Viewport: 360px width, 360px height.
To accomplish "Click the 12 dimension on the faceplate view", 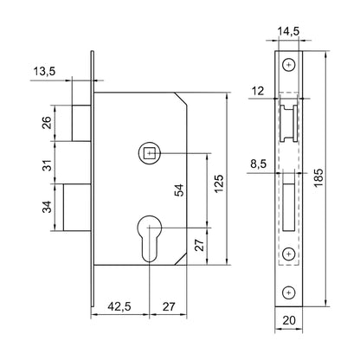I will pos(257,91).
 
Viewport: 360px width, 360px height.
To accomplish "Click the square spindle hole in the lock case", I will pos(150,154).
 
